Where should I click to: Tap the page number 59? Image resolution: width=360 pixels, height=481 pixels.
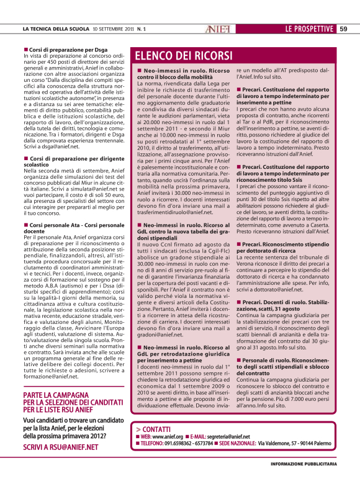click(343, 28)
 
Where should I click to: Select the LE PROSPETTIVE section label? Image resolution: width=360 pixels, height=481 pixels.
click(309, 28)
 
